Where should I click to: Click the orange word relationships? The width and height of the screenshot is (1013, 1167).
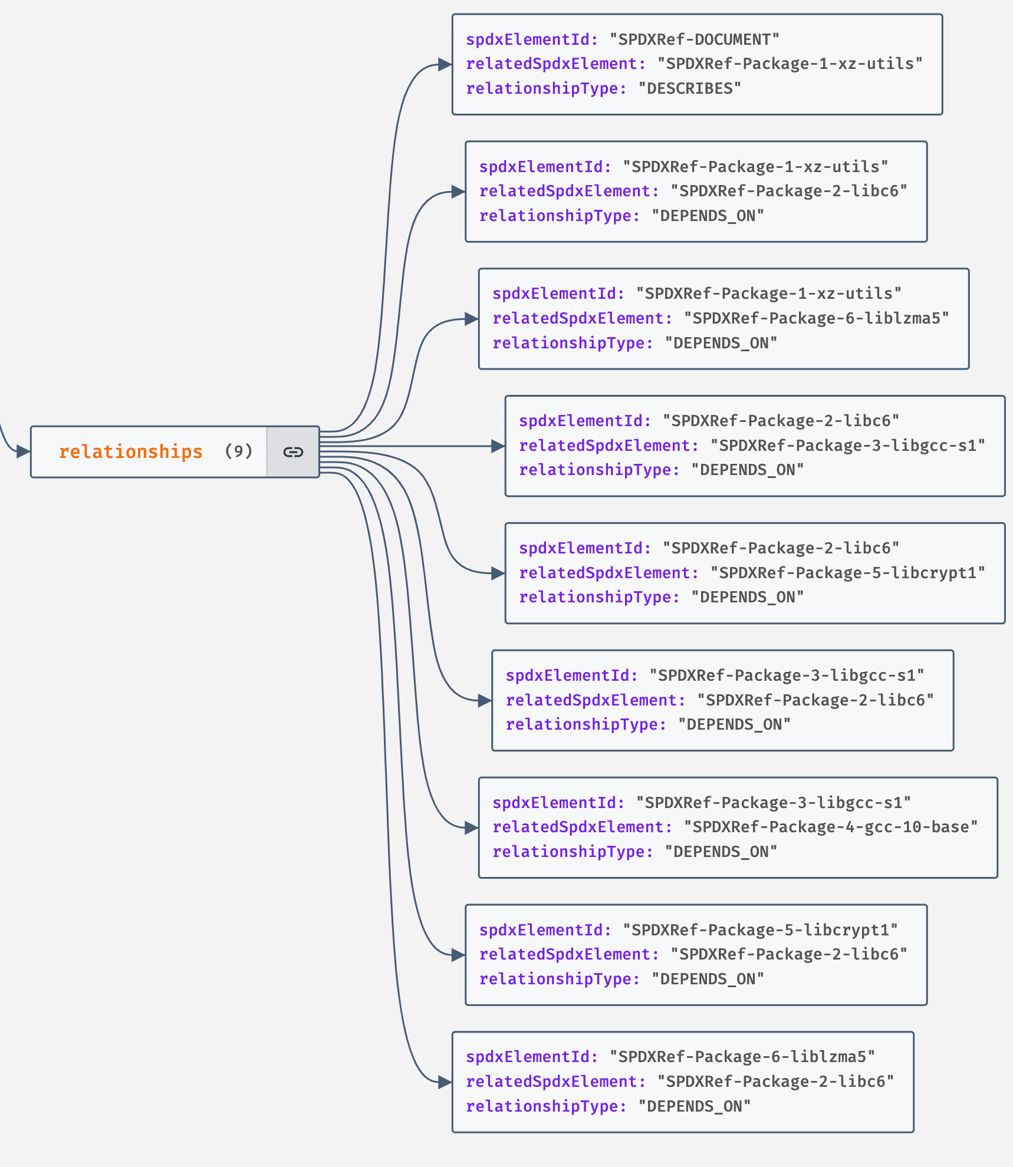tap(130, 451)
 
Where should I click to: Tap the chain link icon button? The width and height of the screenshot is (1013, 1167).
tap(293, 452)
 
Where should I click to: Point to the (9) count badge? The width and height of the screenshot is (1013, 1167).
tap(238, 451)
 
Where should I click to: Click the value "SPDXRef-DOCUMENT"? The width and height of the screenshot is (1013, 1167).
tap(694, 39)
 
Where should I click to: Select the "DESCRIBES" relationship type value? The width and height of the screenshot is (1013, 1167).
tap(689, 88)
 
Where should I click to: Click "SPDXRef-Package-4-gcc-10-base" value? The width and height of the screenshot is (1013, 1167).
tap(830, 827)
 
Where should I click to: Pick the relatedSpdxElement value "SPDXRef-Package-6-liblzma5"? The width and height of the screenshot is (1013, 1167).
tap(816, 318)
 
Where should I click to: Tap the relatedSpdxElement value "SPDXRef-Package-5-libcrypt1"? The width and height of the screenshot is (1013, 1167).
tap(847, 573)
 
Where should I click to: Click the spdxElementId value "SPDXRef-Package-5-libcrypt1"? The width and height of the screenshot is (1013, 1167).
tap(760, 930)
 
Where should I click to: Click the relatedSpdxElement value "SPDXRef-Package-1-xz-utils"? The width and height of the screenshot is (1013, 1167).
tap(790, 64)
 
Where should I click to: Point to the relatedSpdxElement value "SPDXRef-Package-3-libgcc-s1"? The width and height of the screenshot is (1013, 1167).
tap(847, 446)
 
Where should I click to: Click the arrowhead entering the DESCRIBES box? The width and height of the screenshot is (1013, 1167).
tap(445, 65)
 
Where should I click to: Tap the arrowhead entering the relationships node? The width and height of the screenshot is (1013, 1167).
tap(24, 452)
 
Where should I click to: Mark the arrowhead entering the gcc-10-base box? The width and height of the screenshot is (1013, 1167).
tap(472, 828)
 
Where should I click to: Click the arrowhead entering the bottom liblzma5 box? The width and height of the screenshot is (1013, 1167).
tap(445, 1082)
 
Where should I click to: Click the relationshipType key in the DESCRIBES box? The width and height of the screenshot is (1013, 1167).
tap(546, 88)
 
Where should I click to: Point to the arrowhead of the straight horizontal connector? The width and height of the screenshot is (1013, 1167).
tap(498, 446)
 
